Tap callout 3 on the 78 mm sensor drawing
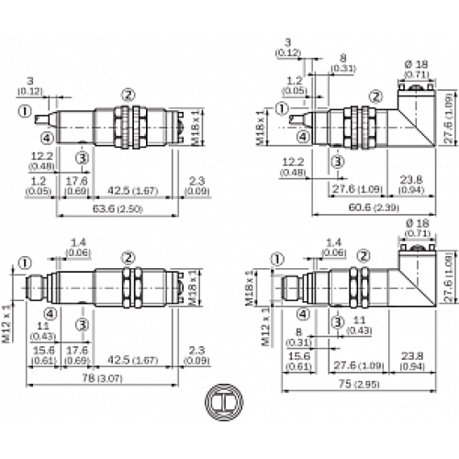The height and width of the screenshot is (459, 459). [83, 324]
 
